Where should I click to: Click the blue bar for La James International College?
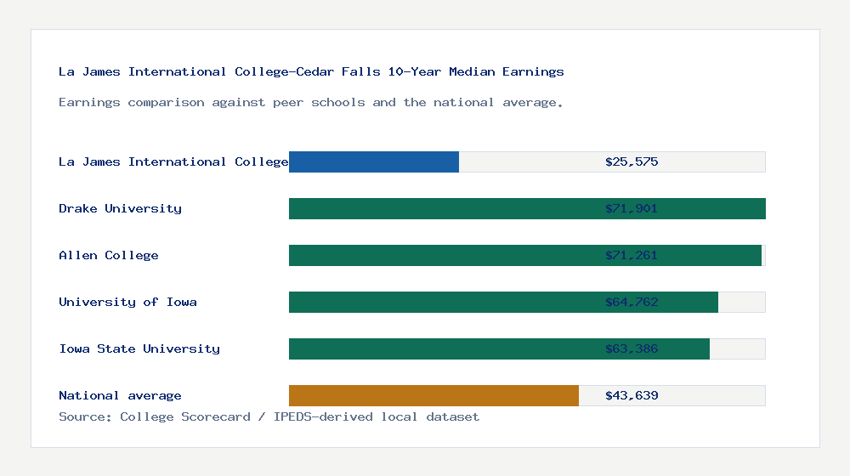(x=374, y=161)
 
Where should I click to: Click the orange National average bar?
(x=433, y=395)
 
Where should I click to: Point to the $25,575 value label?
(x=632, y=161)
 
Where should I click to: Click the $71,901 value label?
(x=632, y=208)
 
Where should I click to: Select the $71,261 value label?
(x=632, y=255)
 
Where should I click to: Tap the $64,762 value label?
(x=632, y=302)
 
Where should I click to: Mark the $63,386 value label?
(x=632, y=348)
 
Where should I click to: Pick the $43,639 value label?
(x=632, y=395)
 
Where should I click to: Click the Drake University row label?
(x=120, y=208)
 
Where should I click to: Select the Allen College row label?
(x=109, y=255)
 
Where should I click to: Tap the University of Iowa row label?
(x=127, y=302)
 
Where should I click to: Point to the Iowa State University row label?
(x=139, y=348)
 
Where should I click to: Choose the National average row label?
(x=120, y=395)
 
